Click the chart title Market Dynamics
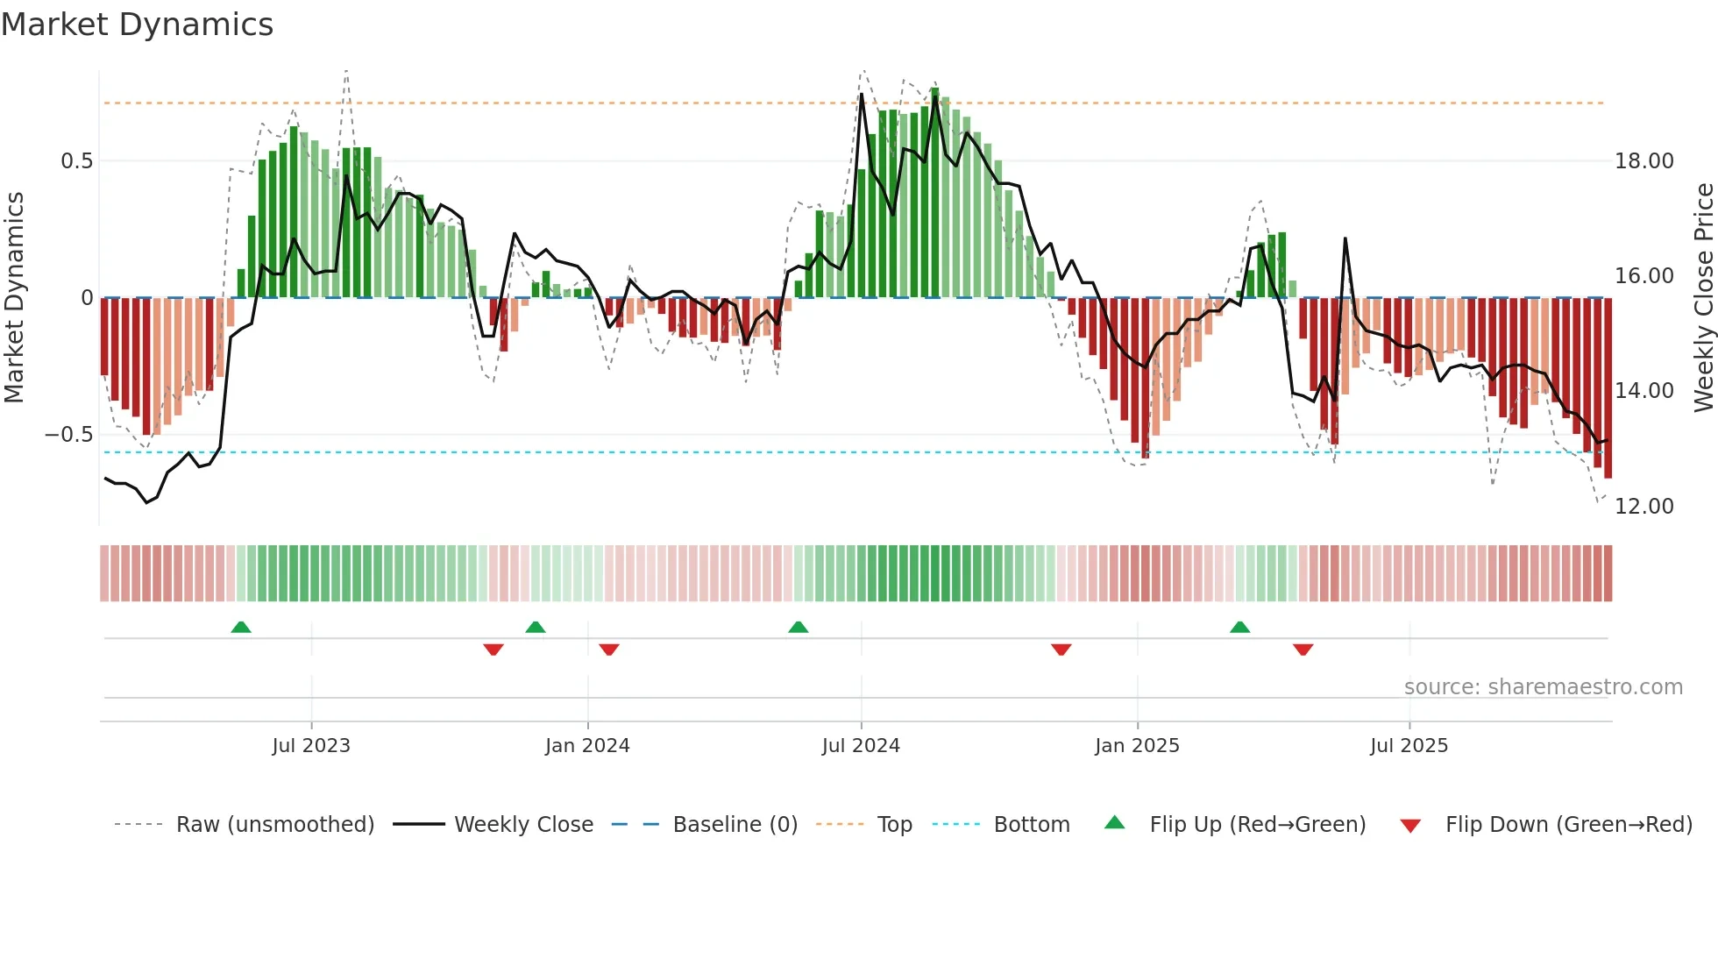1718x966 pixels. tap(137, 25)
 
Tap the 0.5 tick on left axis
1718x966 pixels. tap(76, 161)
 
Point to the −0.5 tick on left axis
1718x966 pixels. tap(69, 435)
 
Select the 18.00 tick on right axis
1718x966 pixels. tap(1643, 161)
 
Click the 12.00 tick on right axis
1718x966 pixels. tap(1643, 507)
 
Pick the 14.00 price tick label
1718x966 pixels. tap(1643, 391)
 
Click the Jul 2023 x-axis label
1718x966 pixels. tap(310, 746)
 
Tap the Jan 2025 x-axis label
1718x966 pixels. tap(1137, 746)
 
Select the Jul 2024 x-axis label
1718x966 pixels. tap(861, 746)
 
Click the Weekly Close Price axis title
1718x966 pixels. tap(1703, 298)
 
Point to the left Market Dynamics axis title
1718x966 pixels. tap(14, 298)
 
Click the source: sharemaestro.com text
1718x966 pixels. tap(1543, 687)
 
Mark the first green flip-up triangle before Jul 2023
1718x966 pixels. tap(241, 627)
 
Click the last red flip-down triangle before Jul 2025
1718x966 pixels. tap(1303, 650)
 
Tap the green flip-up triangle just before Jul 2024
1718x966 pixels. tap(798, 627)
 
